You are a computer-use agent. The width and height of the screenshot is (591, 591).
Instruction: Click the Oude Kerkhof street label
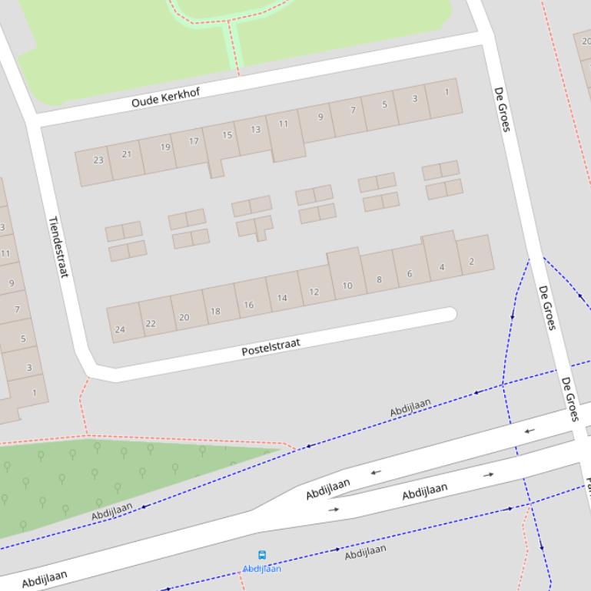click(165, 97)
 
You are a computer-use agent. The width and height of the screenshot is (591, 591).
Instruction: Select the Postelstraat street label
click(271, 347)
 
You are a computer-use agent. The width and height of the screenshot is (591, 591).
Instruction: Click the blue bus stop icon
click(262, 555)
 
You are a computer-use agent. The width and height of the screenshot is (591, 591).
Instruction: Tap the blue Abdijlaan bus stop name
click(262, 569)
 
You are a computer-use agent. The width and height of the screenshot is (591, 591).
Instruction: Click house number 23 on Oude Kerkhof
click(98, 160)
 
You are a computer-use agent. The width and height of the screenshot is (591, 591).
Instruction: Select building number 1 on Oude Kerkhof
click(447, 92)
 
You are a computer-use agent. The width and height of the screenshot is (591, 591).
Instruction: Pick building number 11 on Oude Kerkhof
click(284, 124)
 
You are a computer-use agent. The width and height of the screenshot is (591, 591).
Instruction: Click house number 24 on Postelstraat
click(120, 329)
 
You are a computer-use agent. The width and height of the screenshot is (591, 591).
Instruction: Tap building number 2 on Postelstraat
click(471, 261)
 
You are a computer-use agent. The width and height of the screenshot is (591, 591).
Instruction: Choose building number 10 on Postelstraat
click(347, 286)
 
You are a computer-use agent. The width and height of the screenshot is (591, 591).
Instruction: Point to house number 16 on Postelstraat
click(249, 305)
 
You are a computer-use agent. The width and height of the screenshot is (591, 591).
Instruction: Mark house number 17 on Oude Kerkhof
click(194, 141)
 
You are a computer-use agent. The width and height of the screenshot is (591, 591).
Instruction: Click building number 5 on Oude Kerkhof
click(385, 104)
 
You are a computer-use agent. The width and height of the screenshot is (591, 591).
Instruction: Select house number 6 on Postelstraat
click(410, 273)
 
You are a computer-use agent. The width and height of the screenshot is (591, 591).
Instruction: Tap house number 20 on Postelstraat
click(184, 317)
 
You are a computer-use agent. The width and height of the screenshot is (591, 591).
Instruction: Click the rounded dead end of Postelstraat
click(450, 313)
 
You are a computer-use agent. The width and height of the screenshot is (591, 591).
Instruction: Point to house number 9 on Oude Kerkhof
click(320, 117)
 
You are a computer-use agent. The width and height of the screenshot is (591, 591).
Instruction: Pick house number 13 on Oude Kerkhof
click(255, 130)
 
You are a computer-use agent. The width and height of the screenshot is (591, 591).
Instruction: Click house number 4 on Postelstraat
click(442, 267)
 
